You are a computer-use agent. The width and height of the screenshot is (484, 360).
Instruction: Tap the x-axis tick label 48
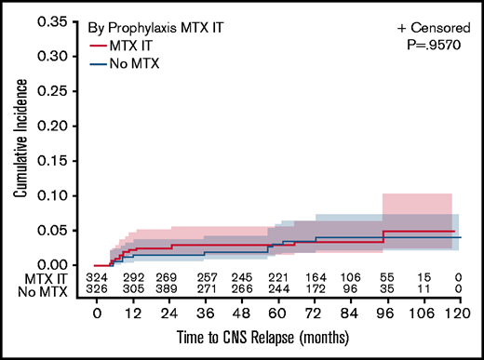[216, 314]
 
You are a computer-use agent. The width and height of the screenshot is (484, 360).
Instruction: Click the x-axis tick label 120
[453, 314]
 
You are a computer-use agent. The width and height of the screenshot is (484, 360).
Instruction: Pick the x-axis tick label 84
[334, 314]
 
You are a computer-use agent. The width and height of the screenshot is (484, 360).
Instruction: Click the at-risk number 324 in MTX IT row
[97, 278]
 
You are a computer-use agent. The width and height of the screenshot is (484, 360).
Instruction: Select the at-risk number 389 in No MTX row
[168, 290]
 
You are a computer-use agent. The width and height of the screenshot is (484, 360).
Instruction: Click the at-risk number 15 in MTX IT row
[423, 278]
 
